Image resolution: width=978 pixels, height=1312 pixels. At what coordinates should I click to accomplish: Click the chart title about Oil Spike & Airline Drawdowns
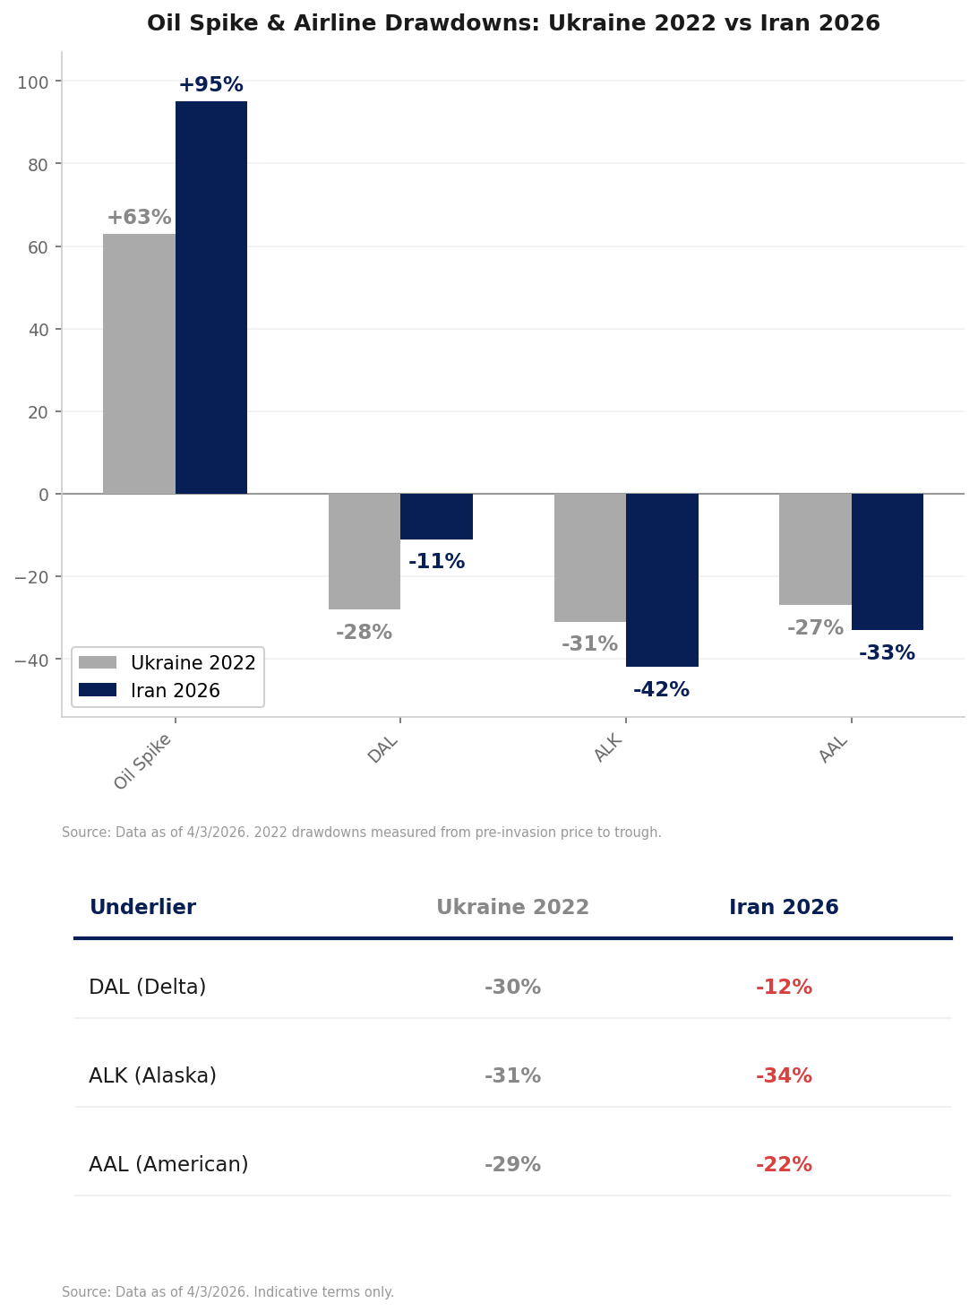coord(513,24)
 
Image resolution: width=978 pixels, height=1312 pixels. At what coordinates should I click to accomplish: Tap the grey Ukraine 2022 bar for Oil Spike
coord(139,364)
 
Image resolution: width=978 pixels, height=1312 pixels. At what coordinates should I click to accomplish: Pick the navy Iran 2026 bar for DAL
coord(436,516)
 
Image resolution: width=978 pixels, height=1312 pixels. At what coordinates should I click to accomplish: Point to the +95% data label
coord(210,85)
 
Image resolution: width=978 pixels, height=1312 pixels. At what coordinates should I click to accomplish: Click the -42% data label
coord(661,690)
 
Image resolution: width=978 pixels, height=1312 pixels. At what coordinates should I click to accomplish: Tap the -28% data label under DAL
coord(364,633)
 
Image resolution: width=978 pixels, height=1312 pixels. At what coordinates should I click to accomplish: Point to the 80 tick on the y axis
coord(39,165)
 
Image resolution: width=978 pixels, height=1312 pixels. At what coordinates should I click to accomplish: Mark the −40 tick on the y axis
coord(31,660)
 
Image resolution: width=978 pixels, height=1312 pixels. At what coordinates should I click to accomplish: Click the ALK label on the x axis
coord(608,748)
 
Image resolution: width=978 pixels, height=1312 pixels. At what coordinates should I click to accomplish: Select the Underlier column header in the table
coord(142,908)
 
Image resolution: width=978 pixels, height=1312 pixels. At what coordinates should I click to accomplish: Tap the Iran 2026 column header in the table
coord(784,908)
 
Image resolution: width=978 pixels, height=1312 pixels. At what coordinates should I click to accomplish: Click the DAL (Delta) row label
coord(148,988)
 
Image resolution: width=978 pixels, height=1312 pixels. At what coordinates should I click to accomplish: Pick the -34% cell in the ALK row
coord(784,1076)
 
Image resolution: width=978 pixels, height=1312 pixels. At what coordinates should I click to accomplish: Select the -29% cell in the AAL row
coord(512,1165)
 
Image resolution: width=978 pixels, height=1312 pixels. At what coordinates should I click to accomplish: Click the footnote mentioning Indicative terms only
coord(227,1292)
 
